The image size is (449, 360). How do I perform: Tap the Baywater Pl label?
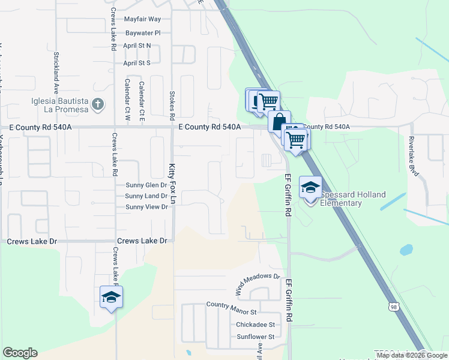click(143, 33)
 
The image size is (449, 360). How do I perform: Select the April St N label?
click(137, 46)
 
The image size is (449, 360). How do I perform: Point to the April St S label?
click(136, 63)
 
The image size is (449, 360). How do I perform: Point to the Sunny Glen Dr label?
click(146, 185)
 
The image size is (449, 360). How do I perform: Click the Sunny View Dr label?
click(146, 207)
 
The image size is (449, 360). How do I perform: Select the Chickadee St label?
click(255, 325)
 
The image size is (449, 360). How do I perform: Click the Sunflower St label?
click(255, 337)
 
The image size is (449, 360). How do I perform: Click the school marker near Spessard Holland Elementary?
click(310, 188)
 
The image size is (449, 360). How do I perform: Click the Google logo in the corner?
click(20, 353)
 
